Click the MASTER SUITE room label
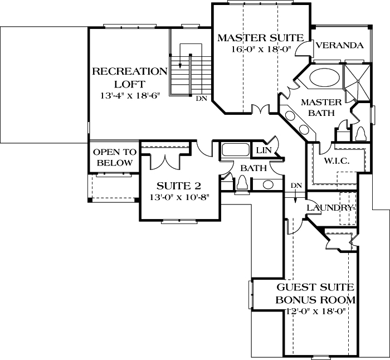pyautogui.click(x=260, y=38)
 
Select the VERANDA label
pyautogui.click(x=339, y=45)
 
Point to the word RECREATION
pyautogui.click(x=129, y=71)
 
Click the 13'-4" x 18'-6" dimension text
pyautogui.click(x=129, y=95)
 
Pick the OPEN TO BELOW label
pyautogui.click(x=114, y=157)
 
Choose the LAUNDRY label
pyautogui.click(x=330, y=207)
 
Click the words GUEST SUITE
pyautogui.click(x=316, y=288)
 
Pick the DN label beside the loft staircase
pyautogui.click(x=201, y=99)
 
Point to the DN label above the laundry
pyautogui.click(x=296, y=186)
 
